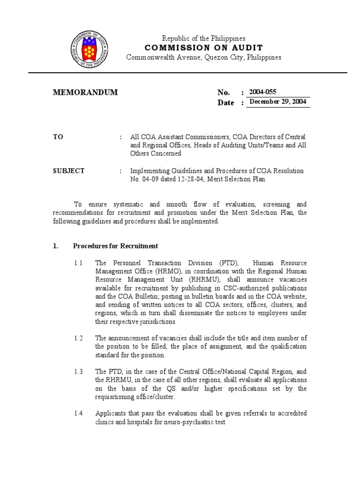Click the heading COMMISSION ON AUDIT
pos(204,48)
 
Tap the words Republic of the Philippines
pos(203,38)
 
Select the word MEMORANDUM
pos(85,92)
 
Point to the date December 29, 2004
pos(278,102)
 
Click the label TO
pos(58,137)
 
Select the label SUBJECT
pos(68,171)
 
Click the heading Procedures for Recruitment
pos(115,246)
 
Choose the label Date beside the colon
pos(225,103)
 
